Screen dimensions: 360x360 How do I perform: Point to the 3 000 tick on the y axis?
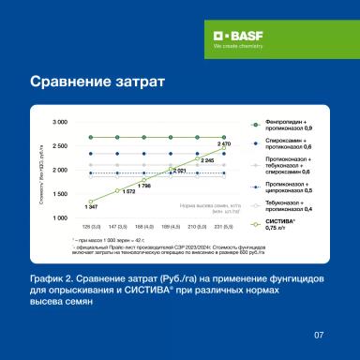click(60, 123)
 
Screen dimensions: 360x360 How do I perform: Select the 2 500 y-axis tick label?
click(60, 146)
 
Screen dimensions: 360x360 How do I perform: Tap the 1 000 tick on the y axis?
click(60, 217)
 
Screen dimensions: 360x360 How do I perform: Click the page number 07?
click(318, 332)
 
